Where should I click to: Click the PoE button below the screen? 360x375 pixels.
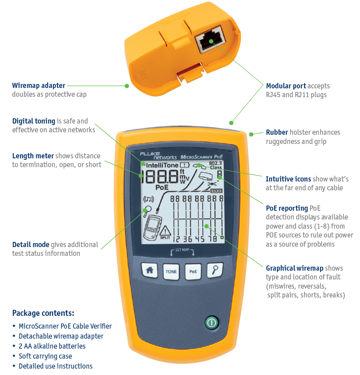193,271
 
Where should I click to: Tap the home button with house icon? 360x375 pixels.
150,271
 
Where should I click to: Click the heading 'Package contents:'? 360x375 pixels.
43,313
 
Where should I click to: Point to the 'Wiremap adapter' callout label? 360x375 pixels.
39,85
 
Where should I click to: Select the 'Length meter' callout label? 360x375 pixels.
33,156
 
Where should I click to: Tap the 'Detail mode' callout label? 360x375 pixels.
31,245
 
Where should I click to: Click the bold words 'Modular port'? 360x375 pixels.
286,86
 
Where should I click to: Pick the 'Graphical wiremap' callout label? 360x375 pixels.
294,268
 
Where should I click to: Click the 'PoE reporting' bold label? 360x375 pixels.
287,208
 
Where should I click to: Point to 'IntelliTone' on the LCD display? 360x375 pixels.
162,165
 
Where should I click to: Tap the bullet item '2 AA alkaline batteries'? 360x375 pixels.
52,346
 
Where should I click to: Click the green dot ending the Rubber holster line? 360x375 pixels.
251,134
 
